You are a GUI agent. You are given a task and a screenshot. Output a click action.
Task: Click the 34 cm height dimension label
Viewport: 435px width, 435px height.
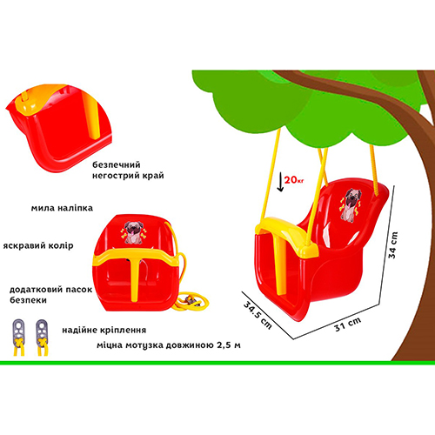pos(393,245)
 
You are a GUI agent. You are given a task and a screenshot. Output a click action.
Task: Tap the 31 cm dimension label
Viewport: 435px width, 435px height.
pos(348,325)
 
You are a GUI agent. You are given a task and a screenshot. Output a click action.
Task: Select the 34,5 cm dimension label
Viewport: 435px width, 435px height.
pos(258,315)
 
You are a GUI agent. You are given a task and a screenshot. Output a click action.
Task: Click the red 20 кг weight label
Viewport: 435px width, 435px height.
pos(294,180)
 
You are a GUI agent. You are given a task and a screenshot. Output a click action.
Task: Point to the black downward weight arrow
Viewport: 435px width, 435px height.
pos(280,182)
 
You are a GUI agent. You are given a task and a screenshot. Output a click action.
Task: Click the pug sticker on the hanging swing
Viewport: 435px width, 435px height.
pos(351,205)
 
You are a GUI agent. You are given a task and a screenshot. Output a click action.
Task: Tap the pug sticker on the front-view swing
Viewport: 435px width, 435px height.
pos(133,232)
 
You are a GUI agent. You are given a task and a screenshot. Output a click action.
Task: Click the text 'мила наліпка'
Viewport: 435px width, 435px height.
pos(62,208)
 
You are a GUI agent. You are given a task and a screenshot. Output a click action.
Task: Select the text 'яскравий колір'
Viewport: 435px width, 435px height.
pos(38,245)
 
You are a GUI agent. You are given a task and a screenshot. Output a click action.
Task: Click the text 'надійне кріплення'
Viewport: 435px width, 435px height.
pos(104,330)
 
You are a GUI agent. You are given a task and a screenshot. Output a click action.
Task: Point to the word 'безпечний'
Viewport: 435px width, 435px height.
pos(117,164)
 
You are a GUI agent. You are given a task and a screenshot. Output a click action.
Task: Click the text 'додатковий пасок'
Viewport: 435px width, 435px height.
pos(50,290)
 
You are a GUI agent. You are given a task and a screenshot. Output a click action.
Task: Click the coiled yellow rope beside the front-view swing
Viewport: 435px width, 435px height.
pos(190,301)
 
